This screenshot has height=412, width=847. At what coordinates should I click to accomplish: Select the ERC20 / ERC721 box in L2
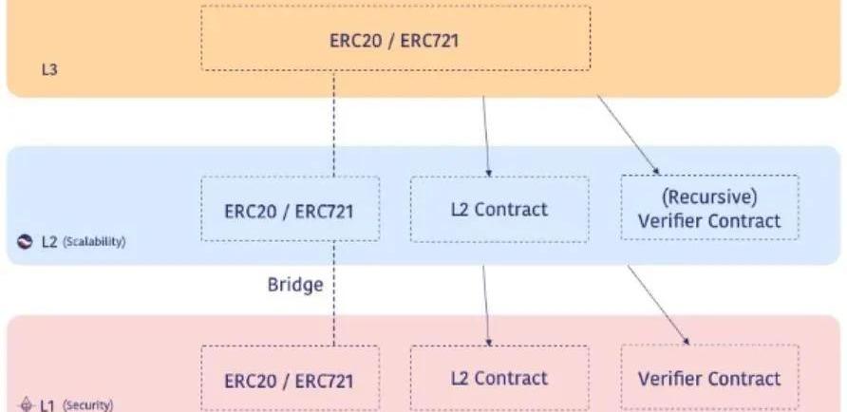(289, 210)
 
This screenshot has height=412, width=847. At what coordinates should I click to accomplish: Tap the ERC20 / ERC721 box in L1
(289, 380)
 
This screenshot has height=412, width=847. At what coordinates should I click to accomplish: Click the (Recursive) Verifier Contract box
(709, 210)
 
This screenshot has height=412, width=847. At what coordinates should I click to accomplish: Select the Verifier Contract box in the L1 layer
(709, 379)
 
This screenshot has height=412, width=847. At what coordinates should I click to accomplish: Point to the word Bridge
(295, 284)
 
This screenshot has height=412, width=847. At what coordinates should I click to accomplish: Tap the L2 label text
(49, 242)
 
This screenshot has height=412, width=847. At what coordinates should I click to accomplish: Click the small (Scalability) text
(94, 243)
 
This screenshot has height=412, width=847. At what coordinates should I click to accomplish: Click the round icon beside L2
(26, 242)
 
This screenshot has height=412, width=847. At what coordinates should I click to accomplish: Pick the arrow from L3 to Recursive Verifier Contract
(627, 133)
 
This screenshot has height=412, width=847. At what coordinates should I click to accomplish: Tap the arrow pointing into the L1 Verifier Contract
(657, 304)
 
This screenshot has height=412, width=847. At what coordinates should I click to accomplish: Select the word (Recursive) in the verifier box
(709, 198)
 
